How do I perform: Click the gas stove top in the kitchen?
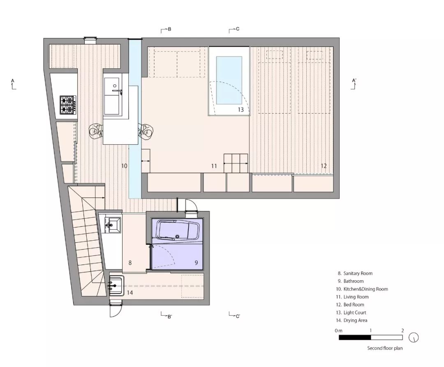coord(68,105)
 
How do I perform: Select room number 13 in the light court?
coord(241,109)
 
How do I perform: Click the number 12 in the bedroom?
coord(324,166)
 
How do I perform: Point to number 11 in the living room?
coord(214,166)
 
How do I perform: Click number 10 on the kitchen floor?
coord(124,166)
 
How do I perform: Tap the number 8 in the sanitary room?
coord(130,262)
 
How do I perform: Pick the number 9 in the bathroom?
coord(196,262)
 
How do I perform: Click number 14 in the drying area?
coord(130,293)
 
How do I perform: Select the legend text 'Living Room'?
coord(356,297)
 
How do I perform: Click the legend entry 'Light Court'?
coord(355,313)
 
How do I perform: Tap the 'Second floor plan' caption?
coord(385,348)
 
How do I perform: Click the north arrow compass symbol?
coord(414,338)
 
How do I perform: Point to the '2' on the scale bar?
coord(402,330)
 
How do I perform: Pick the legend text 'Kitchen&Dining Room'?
coord(365,289)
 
